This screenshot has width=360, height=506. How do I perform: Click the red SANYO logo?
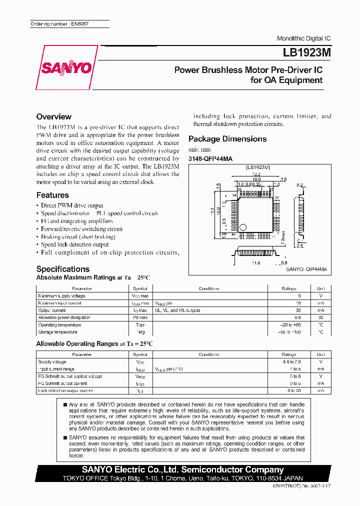click(x=67, y=68)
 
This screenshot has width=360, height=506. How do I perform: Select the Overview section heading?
click(x=54, y=117)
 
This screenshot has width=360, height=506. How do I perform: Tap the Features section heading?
click(x=52, y=195)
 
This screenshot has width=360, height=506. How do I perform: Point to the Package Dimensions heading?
click(x=227, y=139)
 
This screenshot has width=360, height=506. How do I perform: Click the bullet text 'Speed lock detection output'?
click(x=75, y=245)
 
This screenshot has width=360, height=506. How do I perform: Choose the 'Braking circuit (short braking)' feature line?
click(x=78, y=237)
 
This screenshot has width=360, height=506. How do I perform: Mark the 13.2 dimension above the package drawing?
click(x=256, y=174)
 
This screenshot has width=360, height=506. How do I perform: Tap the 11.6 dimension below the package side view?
click(x=256, y=262)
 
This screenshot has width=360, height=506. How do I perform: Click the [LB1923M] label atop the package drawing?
click(x=257, y=168)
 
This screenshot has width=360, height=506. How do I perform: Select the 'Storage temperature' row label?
click(x=57, y=332)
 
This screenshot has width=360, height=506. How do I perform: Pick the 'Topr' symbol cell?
click(x=140, y=325)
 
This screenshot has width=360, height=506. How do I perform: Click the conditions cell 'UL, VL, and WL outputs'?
click(x=177, y=310)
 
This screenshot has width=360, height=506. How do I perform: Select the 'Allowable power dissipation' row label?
click(x=64, y=317)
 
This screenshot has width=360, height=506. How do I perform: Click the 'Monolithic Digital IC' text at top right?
click(x=303, y=38)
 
